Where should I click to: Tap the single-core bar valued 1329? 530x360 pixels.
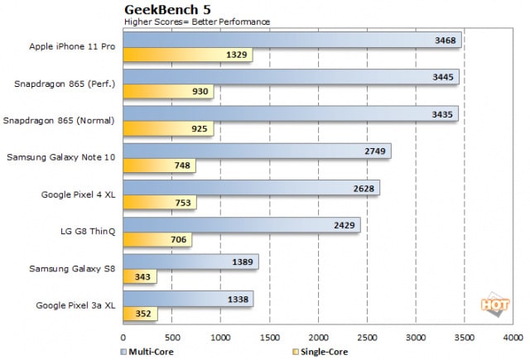[x=187, y=55]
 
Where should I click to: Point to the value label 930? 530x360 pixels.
[x=200, y=92]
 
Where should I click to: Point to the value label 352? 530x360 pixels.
[x=143, y=314]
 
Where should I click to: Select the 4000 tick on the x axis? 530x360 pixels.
[x=513, y=338]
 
